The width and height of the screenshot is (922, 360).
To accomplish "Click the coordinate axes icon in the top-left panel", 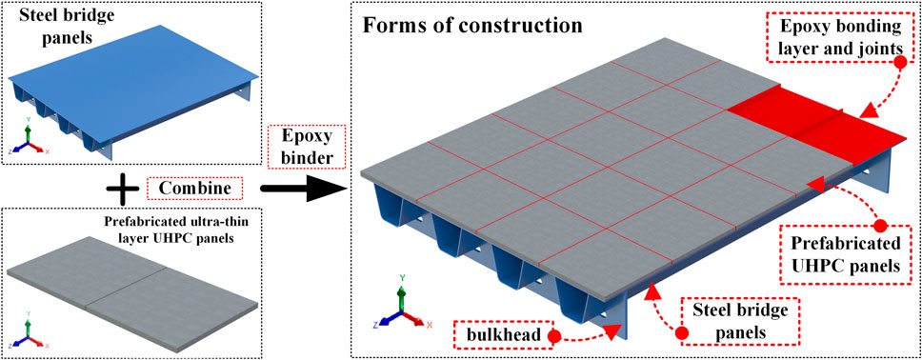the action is (31, 141).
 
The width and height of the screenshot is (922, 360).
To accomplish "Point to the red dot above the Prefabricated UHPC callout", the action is (881, 227).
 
